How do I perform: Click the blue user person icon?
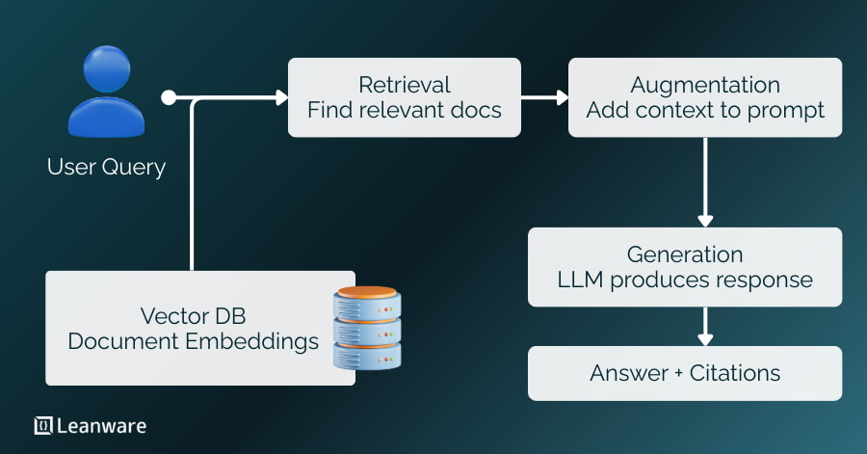106,94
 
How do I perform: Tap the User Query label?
106,167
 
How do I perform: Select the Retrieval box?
405,97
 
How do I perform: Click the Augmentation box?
705,97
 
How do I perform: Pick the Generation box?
685,267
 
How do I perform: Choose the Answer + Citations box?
685,373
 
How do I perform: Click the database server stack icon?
366,328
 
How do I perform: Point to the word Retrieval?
405,85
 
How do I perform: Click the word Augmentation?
705,85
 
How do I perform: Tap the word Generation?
685,254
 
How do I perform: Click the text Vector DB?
193,316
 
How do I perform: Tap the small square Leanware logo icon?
42,425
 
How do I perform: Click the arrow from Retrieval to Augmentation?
544,97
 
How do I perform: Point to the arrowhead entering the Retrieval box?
281,97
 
